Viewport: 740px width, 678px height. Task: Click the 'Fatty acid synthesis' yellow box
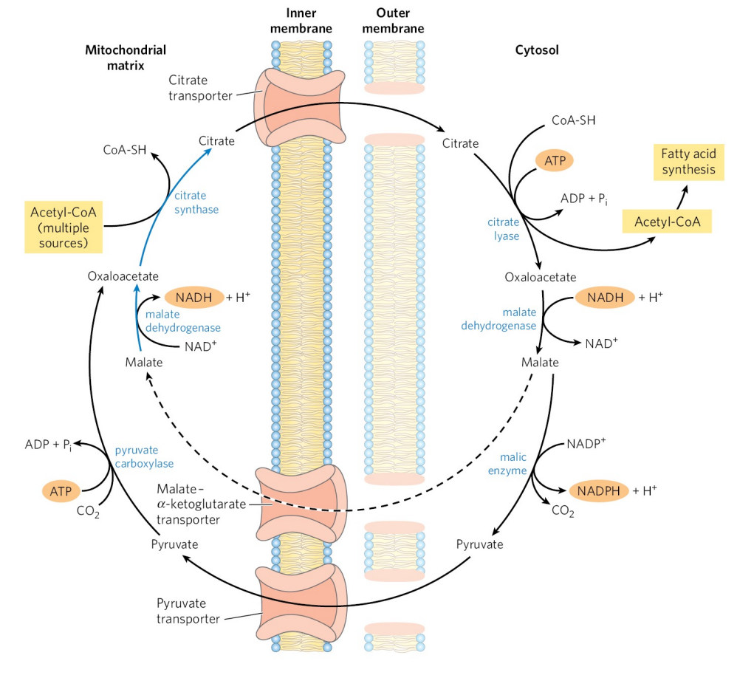pyautogui.click(x=688, y=162)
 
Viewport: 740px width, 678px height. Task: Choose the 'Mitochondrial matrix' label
pyautogui.click(x=126, y=58)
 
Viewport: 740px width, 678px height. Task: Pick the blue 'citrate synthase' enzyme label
pyautogui.click(x=196, y=202)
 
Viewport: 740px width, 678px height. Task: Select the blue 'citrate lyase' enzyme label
pyautogui.click(x=503, y=228)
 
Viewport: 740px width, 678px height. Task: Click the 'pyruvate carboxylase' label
pyautogui.click(x=143, y=456)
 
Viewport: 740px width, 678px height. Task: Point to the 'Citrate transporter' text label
pyautogui.click(x=200, y=87)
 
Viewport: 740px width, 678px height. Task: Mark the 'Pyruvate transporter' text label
pyautogui.click(x=188, y=611)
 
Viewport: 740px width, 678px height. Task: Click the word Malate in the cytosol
pyautogui.click(x=540, y=363)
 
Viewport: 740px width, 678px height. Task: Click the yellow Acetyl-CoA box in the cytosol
pyautogui.click(x=667, y=220)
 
